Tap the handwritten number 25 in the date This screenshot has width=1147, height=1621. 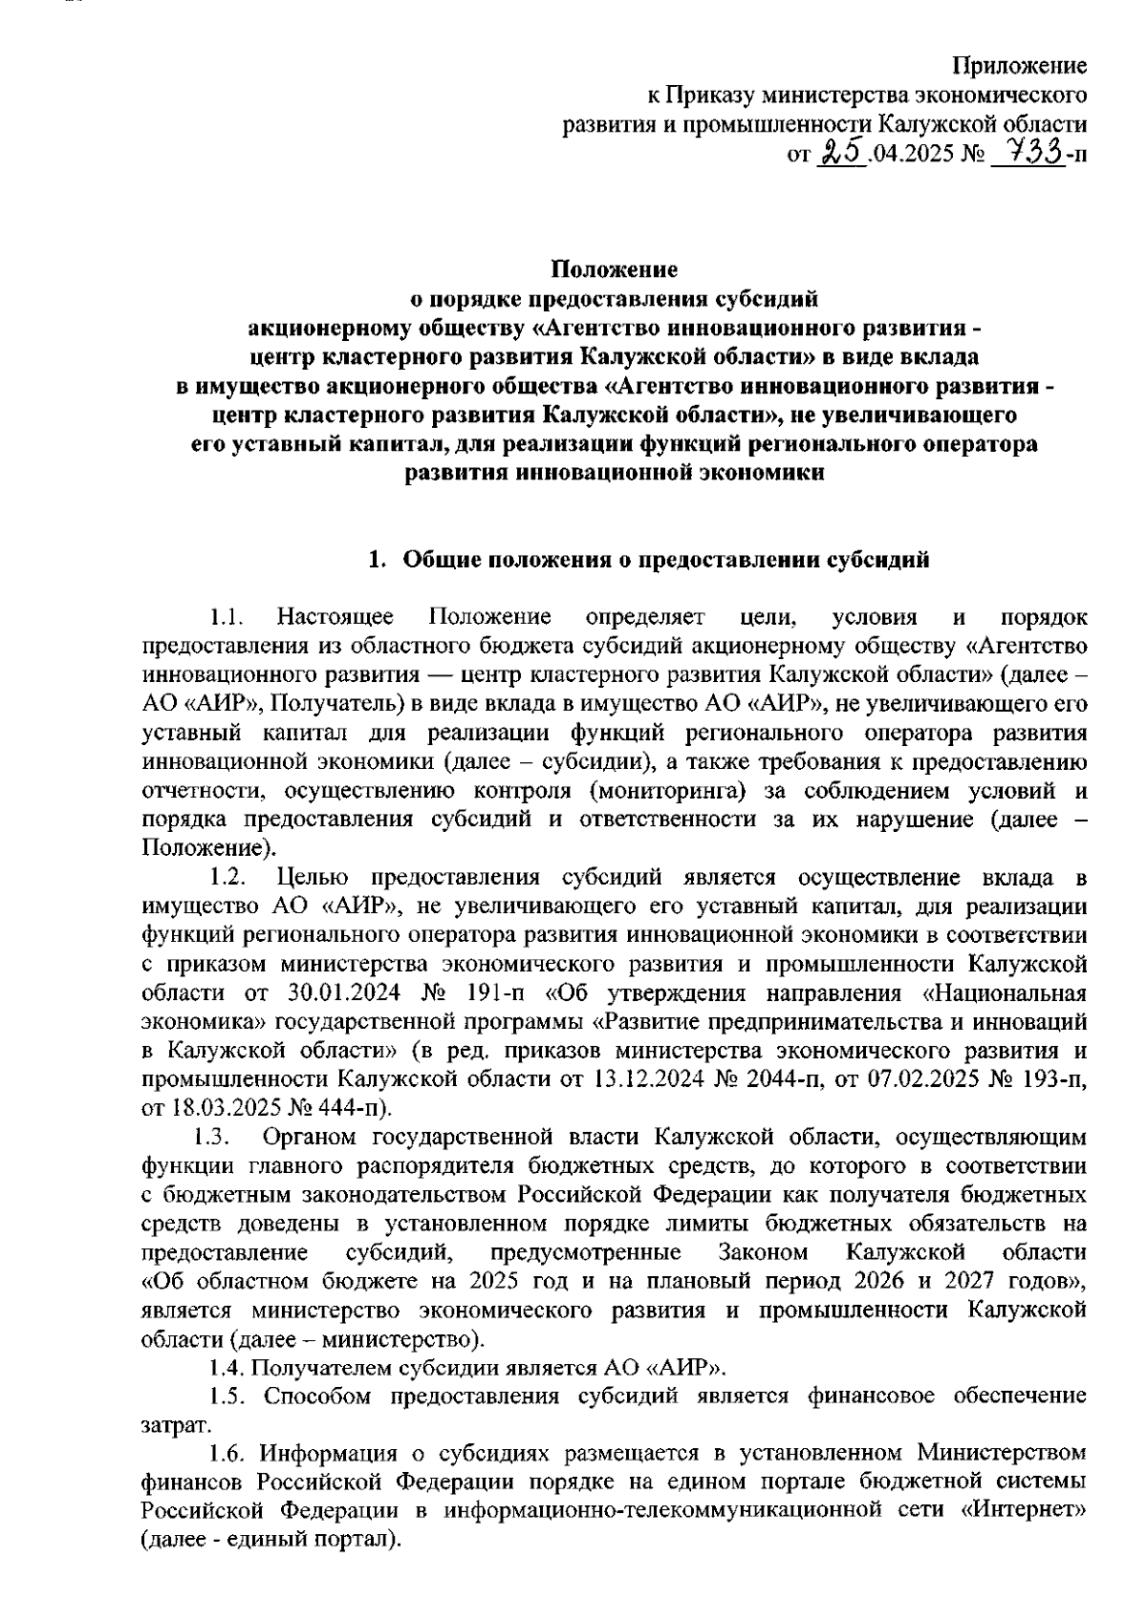[x=841, y=150]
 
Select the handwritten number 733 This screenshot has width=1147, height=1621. [x=1028, y=150]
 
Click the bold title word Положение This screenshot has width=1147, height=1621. [x=615, y=269]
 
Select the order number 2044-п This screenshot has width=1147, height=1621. [x=809, y=1080]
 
